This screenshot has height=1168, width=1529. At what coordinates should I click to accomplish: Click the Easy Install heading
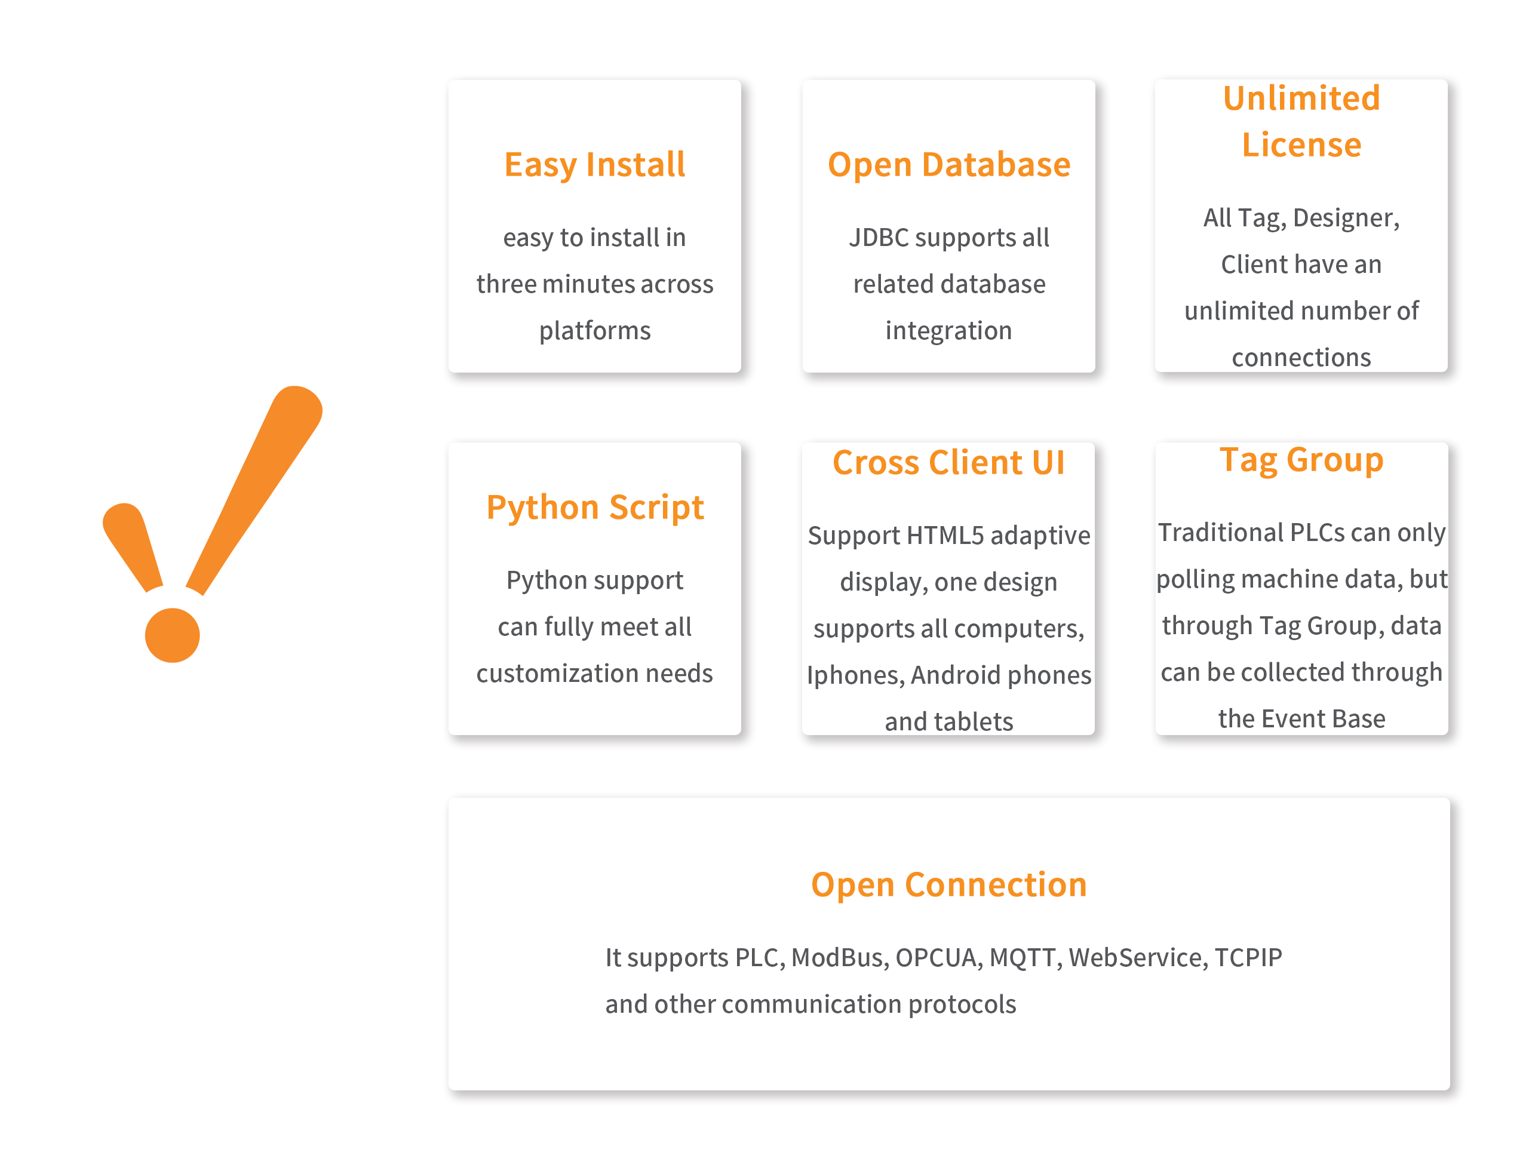click(594, 165)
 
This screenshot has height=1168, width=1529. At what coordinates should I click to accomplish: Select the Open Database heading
click(948, 165)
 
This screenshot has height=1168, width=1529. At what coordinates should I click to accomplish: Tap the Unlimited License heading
click(1301, 121)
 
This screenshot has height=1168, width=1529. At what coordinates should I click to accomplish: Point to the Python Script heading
click(594, 508)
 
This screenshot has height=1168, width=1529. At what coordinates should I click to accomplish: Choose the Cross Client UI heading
click(948, 462)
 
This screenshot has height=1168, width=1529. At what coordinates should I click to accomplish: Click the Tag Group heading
click(1301, 460)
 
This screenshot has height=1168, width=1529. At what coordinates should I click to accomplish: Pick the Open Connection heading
click(948, 885)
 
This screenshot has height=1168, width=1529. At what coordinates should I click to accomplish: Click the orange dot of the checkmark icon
click(173, 635)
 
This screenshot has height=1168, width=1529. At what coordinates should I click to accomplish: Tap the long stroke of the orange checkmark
click(254, 490)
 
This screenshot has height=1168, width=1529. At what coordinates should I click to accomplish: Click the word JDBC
click(879, 238)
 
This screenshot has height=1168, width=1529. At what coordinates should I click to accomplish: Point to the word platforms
click(594, 331)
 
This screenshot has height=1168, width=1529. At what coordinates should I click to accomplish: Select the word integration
click(948, 331)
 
